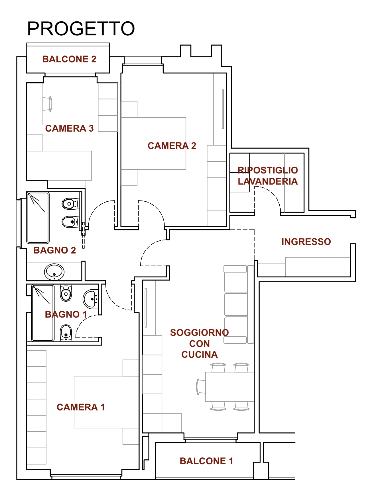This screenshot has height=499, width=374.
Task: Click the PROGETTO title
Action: (x=81, y=29)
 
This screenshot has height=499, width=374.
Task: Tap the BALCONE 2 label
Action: (x=69, y=59)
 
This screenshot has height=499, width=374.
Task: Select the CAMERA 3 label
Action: (x=69, y=128)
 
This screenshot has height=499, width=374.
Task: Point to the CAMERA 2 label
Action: (x=172, y=146)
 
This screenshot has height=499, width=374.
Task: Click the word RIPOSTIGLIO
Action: (x=268, y=170)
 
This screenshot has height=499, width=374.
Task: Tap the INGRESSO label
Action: (x=306, y=242)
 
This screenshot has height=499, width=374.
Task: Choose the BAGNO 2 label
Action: (x=55, y=250)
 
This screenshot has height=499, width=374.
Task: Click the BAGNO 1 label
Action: (x=66, y=314)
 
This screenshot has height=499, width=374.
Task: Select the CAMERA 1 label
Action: (x=81, y=407)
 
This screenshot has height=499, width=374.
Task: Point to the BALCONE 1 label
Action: (x=206, y=461)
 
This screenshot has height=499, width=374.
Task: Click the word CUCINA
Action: (x=200, y=355)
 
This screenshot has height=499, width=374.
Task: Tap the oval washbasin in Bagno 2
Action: (x=54, y=272)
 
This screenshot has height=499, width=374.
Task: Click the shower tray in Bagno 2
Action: (x=38, y=218)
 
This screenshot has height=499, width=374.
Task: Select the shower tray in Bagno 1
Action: (x=43, y=313)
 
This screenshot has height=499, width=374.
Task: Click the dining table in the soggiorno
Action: (x=230, y=387)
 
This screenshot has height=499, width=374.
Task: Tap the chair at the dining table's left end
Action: (x=201, y=387)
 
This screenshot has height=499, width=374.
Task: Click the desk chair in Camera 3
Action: (x=48, y=104)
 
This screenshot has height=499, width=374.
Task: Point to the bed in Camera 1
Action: (x=106, y=402)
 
